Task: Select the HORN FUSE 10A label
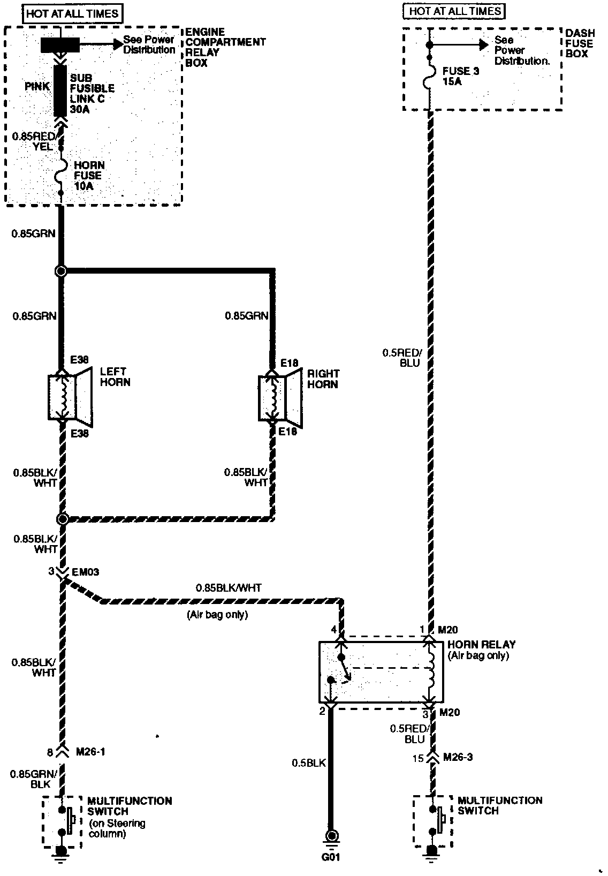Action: point(88,176)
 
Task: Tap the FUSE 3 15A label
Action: point(460,77)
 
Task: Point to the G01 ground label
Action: point(331,857)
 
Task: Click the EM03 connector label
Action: point(85,572)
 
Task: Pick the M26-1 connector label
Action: point(90,752)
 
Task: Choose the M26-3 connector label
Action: point(458,757)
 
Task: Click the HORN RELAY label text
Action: point(481,645)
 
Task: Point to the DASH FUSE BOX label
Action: point(579,43)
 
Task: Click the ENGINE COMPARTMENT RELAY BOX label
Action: point(225,48)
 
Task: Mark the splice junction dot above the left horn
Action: point(61,271)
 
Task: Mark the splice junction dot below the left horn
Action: point(62,519)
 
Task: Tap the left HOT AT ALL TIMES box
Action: point(72,13)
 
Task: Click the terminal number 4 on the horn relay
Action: point(334,630)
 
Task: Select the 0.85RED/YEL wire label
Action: point(33,141)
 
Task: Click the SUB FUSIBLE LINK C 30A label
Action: point(92,94)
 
